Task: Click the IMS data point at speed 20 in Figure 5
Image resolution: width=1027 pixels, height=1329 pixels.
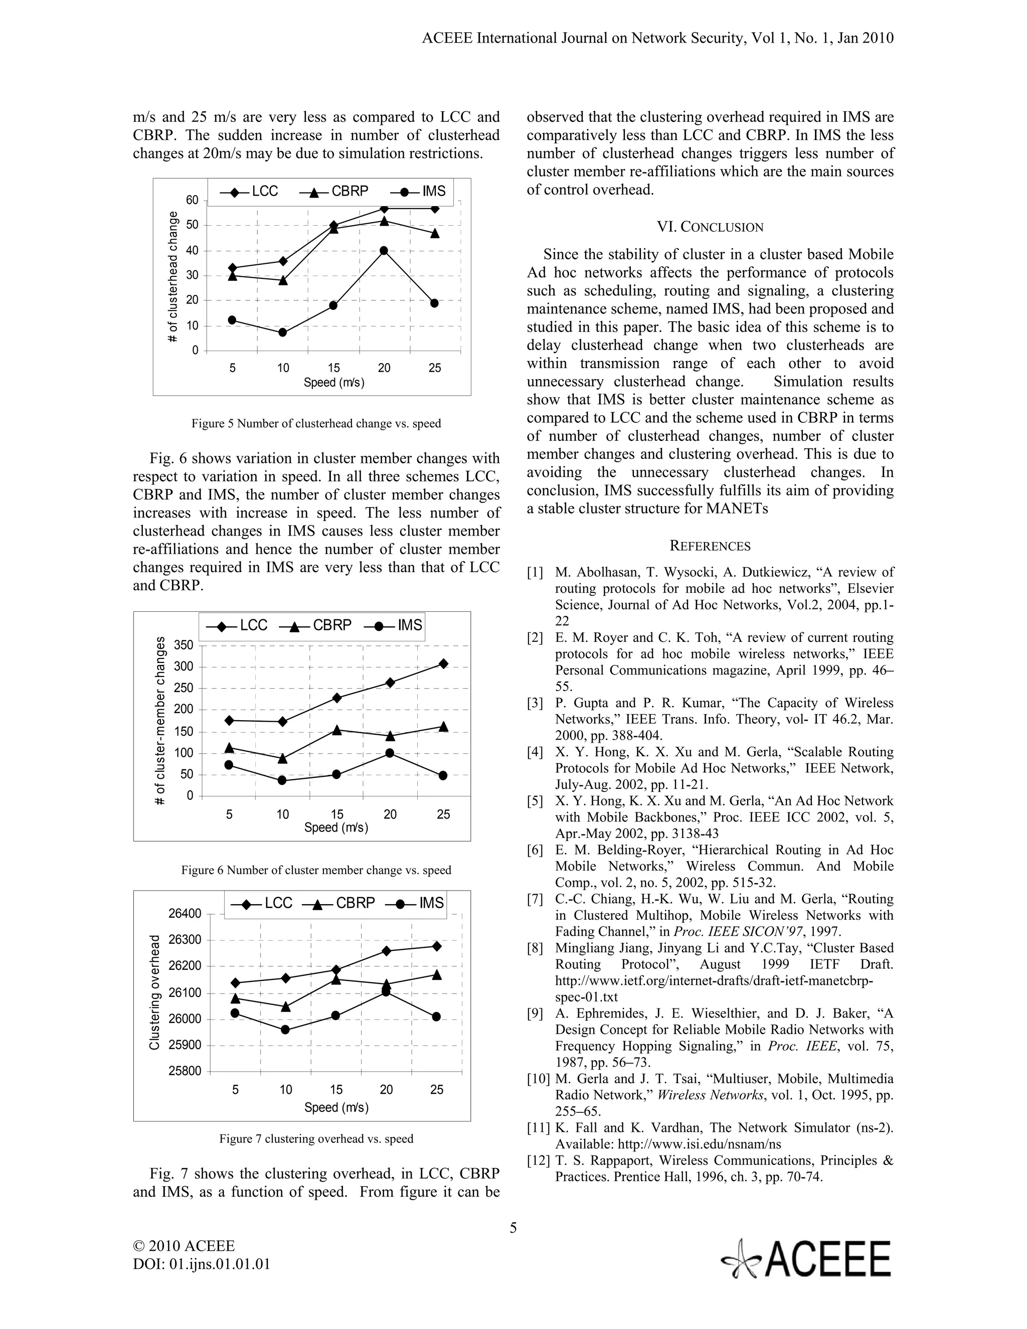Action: click(384, 251)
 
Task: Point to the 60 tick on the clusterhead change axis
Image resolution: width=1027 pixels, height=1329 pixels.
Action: click(192, 200)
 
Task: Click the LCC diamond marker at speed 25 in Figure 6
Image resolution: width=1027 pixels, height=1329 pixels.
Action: click(443, 664)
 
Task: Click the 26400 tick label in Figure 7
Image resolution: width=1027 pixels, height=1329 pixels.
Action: click(185, 913)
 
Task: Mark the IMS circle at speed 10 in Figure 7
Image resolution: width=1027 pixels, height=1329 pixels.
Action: click(285, 1030)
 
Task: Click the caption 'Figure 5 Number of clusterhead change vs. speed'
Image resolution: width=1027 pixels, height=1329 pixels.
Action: click(316, 424)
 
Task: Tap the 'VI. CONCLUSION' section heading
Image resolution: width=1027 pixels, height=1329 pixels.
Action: click(710, 228)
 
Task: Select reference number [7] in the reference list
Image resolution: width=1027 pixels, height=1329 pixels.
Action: click(536, 899)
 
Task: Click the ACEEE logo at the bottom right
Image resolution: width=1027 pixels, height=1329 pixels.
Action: click(807, 1260)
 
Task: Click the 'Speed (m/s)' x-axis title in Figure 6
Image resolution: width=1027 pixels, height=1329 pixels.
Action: click(336, 827)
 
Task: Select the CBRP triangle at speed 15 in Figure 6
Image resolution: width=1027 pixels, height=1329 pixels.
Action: click(336, 730)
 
